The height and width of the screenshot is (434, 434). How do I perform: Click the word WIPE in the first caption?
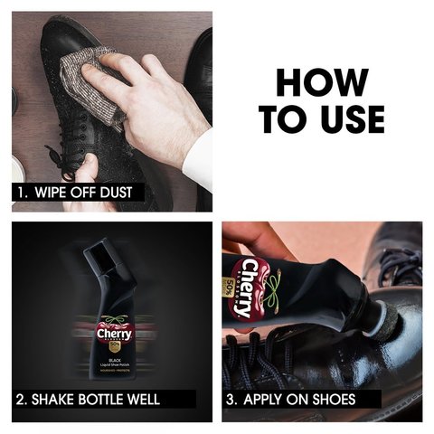[55, 193]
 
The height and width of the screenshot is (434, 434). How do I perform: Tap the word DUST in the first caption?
[128, 193]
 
